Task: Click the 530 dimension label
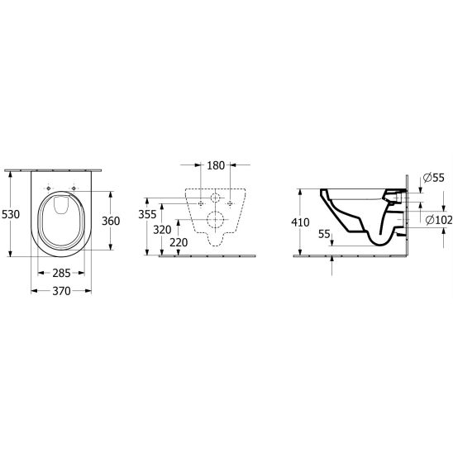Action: pyautogui.click(x=11, y=214)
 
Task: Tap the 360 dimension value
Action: pyautogui.click(x=111, y=221)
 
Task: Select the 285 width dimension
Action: pyautogui.click(x=61, y=273)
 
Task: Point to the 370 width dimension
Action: pyautogui.click(x=61, y=291)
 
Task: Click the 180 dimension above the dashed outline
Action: pyautogui.click(x=216, y=165)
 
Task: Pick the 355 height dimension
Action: pyautogui.click(x=147, y=214)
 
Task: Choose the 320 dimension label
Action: pyautogui.click(x=162, y=230)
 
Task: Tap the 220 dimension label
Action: pyautogui.click(x=179, y=243)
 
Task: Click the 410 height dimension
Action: pyautogui.click(x=300, y=222)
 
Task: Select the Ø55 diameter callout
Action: pyautogui.click(x=434, y=178)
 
